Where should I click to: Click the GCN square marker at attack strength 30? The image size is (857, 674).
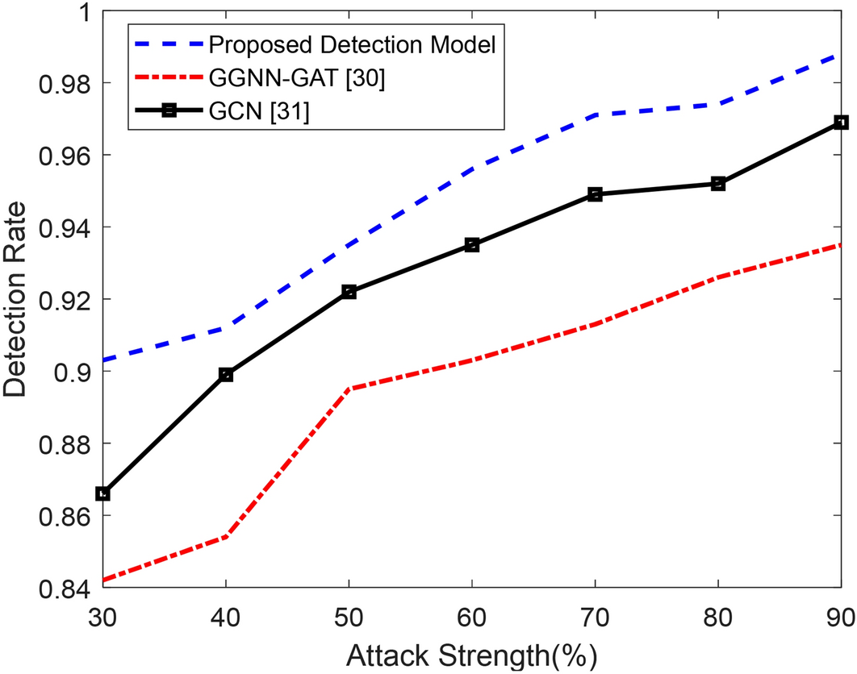(x=102, y=493)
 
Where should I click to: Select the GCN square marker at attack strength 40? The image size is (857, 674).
(x=226, y=375)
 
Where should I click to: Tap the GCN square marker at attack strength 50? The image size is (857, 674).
(x=349, y=292)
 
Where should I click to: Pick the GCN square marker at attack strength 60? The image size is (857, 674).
(x=472, y=245)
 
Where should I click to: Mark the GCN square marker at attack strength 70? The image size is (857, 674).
(x=595, y=194)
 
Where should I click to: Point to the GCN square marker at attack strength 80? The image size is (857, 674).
(x=718, y=184)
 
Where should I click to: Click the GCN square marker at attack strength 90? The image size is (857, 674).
(x=841, y=122)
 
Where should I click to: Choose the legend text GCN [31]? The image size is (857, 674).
(x=260, y=112)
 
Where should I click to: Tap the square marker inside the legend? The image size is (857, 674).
(x=169, y=112)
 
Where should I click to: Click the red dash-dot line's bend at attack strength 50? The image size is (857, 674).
(x=349, y=389)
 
